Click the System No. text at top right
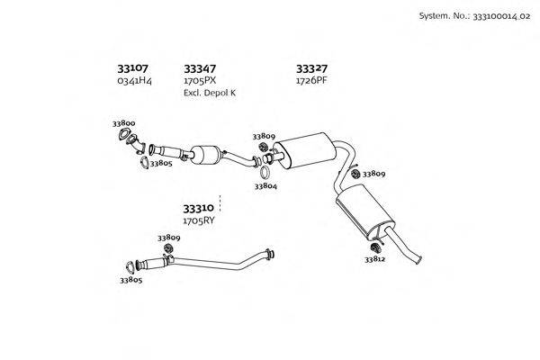(x=474, y=16)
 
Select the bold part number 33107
(x=132, y=68)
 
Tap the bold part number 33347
(x=200, y=69)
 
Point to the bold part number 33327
(x=311, y=69)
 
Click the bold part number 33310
(x=198, y=209)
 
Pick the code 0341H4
(x=134, y=81)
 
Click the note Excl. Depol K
(x=210, y=93)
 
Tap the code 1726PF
(x=311, y=81)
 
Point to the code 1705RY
(x=198, y=220)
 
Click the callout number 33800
(x=123, y=123)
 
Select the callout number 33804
(x=265, y=186)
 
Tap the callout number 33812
(x=375, y=259)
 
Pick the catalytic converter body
(x=205, y=155)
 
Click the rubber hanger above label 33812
(x=374, y=247)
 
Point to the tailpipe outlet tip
(x=418, y=260)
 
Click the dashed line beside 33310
(x=220, y=203)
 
